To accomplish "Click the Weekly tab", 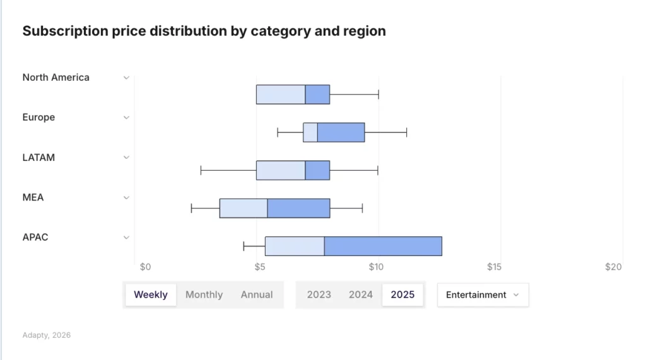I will pos(151,294).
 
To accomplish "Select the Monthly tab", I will pos(204,294).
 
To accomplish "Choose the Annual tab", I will pos(257,294).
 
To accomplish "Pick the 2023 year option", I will pos(319,294).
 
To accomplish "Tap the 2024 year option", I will pos(361,294).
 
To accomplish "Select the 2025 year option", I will pos(402,294).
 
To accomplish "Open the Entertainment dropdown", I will pos(483,294).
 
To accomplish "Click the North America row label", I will pos(56,78).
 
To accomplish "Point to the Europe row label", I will pos(38,117).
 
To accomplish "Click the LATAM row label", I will pos(38,158).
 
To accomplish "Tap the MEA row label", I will pos(33,197).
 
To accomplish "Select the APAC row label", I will pos(35,237).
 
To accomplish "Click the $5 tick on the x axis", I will pos(259,267).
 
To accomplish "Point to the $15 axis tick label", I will pos(494,267).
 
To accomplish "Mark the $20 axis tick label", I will pos(613,267).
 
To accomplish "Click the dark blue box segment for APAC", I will pos(383,246).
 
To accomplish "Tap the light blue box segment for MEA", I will pos(243,208).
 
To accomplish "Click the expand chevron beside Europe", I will pos(126,117).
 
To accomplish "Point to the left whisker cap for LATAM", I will pos(201,170).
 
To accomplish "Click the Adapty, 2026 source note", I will pos(47,335).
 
